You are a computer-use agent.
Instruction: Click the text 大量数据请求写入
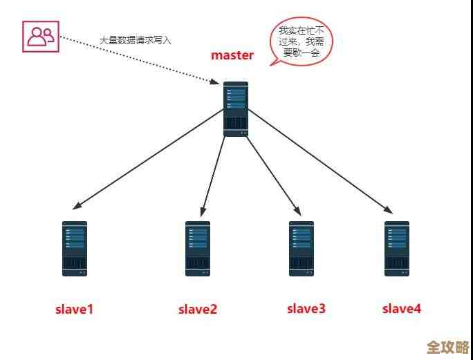point(135,41)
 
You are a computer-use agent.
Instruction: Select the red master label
point(232,55)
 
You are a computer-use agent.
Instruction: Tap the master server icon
point(236,108)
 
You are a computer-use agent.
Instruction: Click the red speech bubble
point(300,41)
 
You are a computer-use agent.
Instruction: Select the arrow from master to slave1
point(149,160)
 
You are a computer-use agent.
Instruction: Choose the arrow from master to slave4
point(318,160)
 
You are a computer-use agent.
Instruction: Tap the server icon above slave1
point(75,248)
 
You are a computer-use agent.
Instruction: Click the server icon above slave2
point(198,248)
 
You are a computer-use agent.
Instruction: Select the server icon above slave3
point(302,248)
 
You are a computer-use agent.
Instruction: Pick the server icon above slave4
point(397,248)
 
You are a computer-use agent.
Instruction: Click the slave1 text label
point(74,310)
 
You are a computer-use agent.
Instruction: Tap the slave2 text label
point(198,310)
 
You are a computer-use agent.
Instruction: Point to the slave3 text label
point(306,309)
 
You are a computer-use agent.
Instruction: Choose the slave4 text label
point(402,309)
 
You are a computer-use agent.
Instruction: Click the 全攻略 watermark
point(447,345)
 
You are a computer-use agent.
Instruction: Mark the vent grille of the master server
point(236,124)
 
